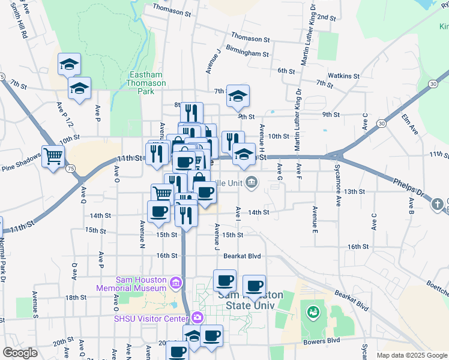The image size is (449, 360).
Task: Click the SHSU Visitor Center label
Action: point(151,319)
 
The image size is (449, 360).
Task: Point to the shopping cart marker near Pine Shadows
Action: point(53,157)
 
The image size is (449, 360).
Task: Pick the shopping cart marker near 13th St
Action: point(163,194)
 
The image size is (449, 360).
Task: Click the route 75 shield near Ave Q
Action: point(70,169)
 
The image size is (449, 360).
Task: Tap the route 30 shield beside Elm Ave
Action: point(380,123)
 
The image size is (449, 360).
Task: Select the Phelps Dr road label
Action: point(408,188)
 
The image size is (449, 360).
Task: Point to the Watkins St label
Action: point(344,76)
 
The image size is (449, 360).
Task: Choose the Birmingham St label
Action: point(247,53)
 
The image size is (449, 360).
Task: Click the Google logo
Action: point(20,353)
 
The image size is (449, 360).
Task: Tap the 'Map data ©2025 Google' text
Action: point(411,355)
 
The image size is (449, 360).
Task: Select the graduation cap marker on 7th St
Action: point(238,95)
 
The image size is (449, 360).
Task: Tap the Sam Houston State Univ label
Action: point(246,300)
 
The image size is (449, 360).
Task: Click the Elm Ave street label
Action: point(410,124)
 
